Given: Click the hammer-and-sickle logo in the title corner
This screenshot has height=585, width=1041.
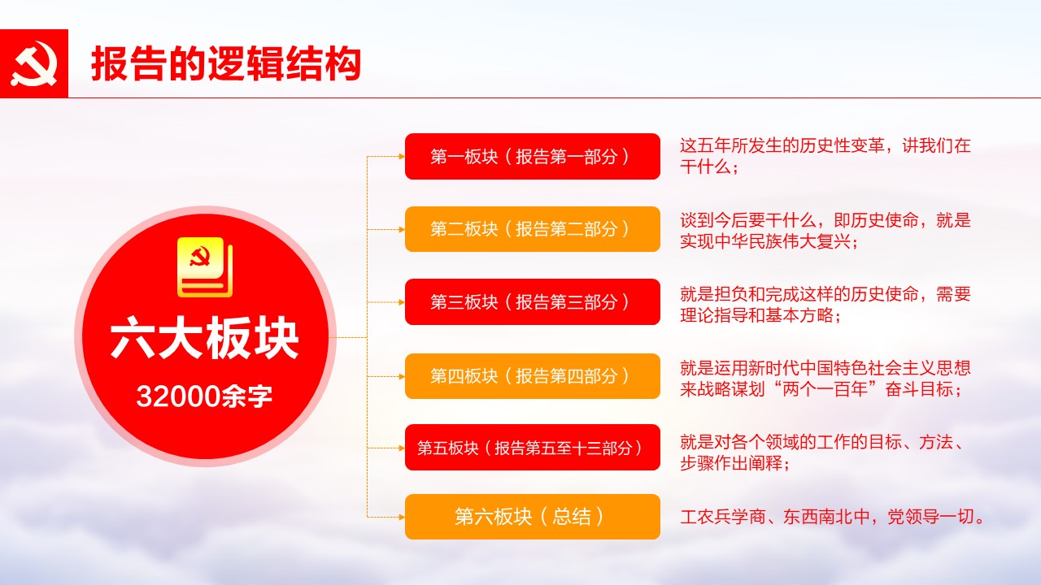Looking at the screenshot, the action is (x=34, y=63).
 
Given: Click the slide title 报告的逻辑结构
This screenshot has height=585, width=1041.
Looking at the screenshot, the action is (x=226, y=63).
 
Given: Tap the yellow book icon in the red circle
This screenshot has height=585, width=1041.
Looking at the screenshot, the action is (x=205, y=267).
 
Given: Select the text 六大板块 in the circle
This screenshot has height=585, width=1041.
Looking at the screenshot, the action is (x=204, y=337).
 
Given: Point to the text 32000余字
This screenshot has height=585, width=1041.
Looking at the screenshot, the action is (x=204, y=396).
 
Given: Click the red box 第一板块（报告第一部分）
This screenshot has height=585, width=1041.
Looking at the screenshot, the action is (x=533, y=157).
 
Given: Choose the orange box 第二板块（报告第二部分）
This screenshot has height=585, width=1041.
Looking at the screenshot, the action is (x=533, y=229).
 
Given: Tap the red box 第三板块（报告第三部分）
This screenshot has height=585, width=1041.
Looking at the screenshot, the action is (x=533, y=301).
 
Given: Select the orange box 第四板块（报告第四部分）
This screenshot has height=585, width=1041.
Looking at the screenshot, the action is (x=533, y=376).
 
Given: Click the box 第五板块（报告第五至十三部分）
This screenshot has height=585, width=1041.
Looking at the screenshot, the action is (x=533, y=448).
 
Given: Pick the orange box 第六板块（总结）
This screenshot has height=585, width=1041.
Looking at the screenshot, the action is (x=533, y=517).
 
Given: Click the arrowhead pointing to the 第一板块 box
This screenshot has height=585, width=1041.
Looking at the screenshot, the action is (x=402, y=157).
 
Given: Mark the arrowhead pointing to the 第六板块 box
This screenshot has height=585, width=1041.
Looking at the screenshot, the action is (x=402, y=517).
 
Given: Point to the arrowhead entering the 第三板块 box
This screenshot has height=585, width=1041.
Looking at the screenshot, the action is (x=402, y=302).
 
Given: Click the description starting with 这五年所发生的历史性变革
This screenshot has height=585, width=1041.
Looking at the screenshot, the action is (x=825, y=156).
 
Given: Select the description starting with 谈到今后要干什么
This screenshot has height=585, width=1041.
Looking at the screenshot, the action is (x=825, y=230).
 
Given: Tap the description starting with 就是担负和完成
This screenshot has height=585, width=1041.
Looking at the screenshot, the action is (x=825, y=305).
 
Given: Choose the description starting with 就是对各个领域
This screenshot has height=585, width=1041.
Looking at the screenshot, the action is (x=822, y=453).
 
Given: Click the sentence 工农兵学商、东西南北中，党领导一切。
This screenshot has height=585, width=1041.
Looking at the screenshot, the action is (x=832, y=517).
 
